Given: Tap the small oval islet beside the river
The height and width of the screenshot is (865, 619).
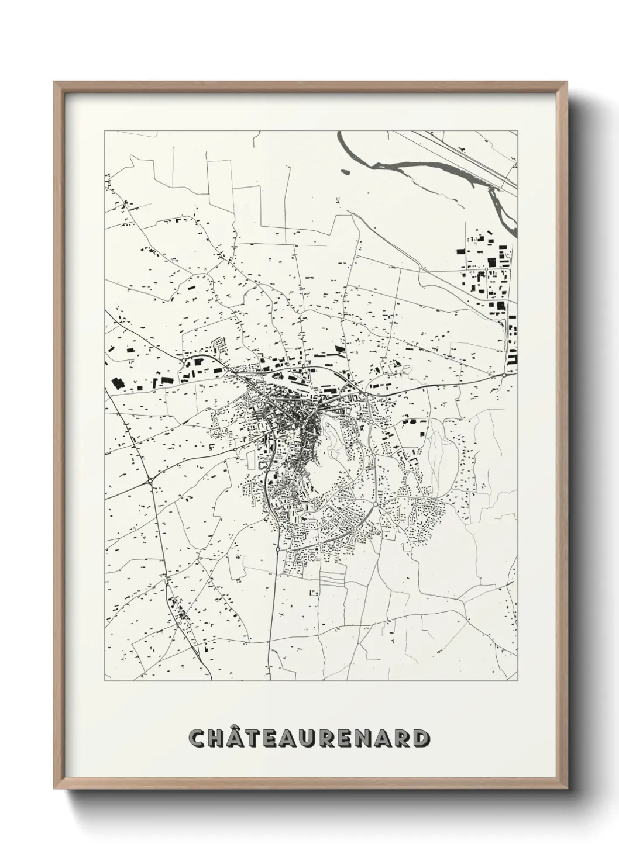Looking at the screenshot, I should tap(344, 172).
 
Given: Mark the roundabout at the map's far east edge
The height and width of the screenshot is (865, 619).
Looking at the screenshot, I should tap(504, 375).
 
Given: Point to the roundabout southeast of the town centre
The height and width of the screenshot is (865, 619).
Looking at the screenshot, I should tap(374, 503).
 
